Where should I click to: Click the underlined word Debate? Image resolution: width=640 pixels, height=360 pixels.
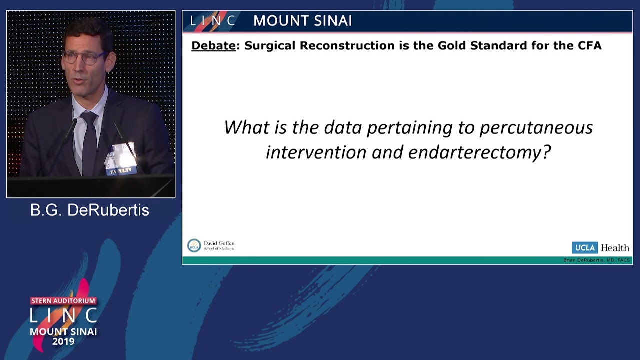[213, 46]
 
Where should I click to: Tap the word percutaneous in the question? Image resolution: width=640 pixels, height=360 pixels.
[536, 127]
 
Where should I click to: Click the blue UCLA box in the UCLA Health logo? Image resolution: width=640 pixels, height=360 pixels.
[584, 248]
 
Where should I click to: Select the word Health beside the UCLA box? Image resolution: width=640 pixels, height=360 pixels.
[615, 248]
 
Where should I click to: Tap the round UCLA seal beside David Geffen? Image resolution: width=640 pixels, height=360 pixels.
[194, 245]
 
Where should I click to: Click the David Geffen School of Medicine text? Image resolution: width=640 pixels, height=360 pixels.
[219, 245]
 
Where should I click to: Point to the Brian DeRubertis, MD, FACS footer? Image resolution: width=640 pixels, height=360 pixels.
[596, 260]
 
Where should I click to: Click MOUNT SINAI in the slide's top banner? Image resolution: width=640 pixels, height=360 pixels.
[302, 21]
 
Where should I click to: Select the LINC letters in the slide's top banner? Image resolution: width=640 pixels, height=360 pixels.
[212, 21]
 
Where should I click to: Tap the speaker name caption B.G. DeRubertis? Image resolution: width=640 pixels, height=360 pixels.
[90, 210]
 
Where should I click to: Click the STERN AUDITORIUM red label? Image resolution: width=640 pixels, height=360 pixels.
[63, 301]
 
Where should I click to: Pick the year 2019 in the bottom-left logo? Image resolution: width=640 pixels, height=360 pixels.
[63, 342]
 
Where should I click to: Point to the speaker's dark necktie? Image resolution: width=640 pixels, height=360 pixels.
[89, 142]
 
